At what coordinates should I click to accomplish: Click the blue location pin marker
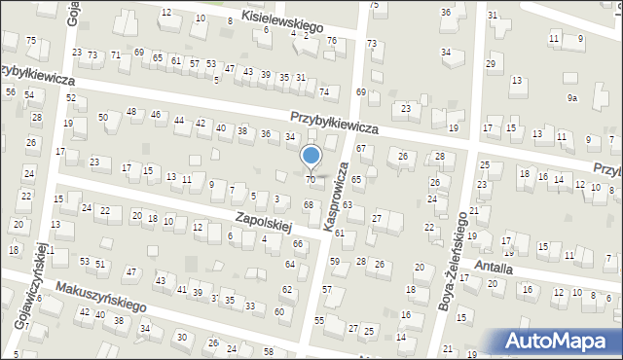coord(311,157)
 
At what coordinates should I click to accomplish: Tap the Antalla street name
coord(494,266)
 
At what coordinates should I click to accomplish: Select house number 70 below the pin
coord(311,179)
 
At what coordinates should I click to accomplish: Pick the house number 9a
coord(573,98)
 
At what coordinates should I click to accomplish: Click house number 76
coord(332,40)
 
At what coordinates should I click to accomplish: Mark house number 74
coord(324,91)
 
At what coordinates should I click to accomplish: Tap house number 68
coord(308,204)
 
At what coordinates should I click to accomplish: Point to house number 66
coord(298,243)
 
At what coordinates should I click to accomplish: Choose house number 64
coord(289,265)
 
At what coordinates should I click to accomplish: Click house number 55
coord(318,320)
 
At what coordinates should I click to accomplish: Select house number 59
coord(334,261)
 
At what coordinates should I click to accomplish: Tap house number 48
coord(130,112)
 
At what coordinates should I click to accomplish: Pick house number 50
coord(102,117)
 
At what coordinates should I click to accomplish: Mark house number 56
coord(10,91)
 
